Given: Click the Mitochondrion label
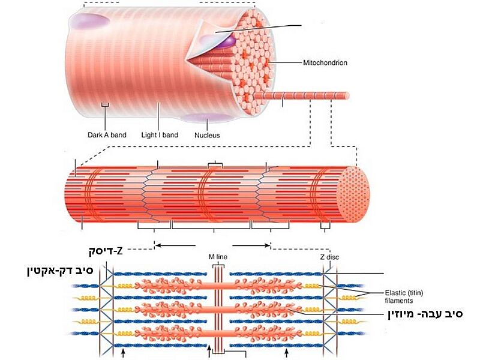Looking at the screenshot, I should point(326,62).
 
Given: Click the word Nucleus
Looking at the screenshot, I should point(207,135).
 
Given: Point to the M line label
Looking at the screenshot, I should point(218,257).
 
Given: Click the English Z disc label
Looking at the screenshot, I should point(329,257).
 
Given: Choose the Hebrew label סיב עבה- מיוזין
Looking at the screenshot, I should point(424,313).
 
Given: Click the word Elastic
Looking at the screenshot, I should point(397,293).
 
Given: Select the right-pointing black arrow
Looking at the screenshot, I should point(251,245).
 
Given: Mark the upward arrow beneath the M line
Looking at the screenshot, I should point(209,353).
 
